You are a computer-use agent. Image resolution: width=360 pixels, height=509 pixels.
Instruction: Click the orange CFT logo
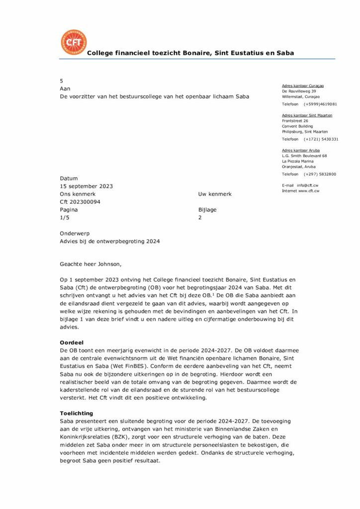(x=73, y=42)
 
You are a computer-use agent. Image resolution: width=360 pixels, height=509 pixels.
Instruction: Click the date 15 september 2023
(x=86, y=186)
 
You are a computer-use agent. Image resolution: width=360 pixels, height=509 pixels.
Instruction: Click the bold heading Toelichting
(x=76, y=413)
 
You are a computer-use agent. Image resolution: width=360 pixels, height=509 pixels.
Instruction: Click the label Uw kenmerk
(x=214, y=194)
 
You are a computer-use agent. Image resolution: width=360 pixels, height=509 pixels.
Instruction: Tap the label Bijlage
(x=207, y=210)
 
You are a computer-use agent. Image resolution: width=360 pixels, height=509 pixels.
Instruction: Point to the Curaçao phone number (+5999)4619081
(x=320, y=104)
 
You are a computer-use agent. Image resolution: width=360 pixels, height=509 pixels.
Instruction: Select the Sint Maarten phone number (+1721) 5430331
(x=321, y=139)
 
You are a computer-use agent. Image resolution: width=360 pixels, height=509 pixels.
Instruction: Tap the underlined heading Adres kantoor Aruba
(x=300, y=150)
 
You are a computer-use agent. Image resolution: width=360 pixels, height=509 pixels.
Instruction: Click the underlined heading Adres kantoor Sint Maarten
(x=307, y=115)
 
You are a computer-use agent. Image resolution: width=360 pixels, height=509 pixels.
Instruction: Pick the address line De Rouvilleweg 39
(x=299, y=91)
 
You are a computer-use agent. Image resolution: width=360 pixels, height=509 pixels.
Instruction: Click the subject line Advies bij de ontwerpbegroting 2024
(x=110, y=242)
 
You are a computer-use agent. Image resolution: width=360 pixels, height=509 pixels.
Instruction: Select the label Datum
(x=69, y=178)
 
